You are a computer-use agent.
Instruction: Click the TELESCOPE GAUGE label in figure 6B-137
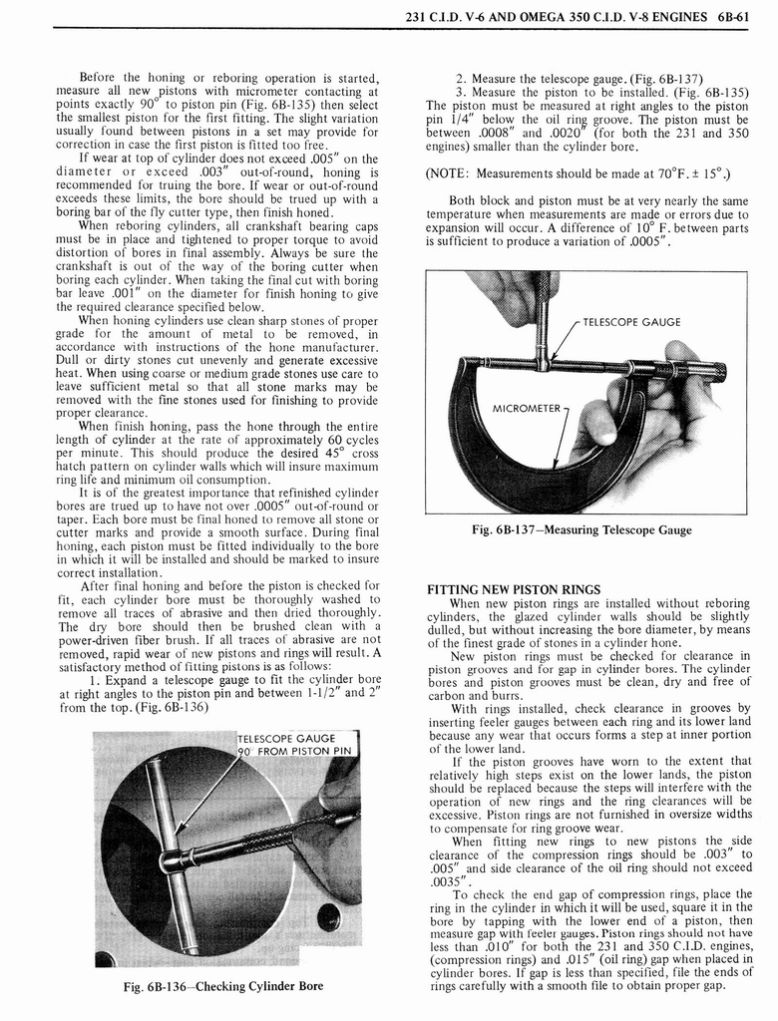click(631, 322)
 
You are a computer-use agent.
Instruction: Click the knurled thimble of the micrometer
click(698, 372)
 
